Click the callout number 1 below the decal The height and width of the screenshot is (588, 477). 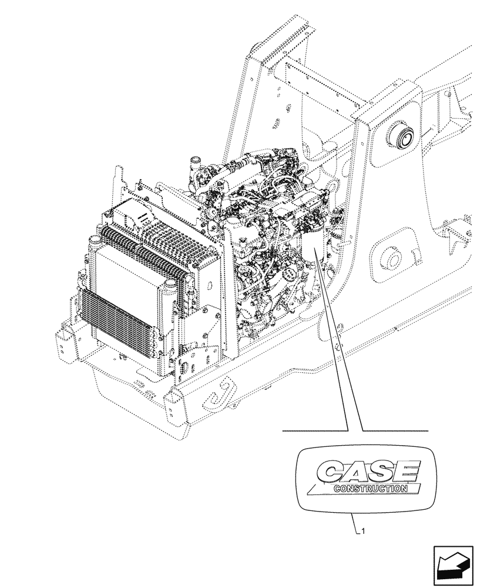tap(364, 532)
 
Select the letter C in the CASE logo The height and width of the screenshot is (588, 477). tap(330, 472)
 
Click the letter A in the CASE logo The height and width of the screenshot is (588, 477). tap(355, 472)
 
